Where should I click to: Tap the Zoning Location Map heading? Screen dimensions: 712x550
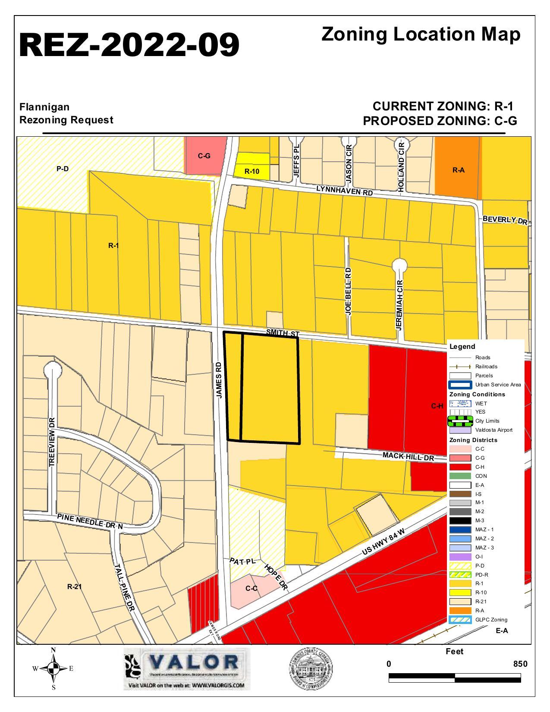[421, 35]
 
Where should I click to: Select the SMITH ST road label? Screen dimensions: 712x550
[283, 333]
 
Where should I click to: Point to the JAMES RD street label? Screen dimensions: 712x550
[219, 380]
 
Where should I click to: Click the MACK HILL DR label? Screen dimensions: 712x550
[408, 456]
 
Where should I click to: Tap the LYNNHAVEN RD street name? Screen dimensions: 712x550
[344, 190]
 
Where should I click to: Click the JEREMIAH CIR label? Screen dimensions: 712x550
[399, 305]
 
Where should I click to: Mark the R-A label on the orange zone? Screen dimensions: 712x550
[458, 170]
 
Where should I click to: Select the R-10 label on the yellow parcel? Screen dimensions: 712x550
[252, 171]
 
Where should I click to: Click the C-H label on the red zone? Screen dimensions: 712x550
[437, 406]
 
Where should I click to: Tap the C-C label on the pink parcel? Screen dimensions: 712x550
[251, 588]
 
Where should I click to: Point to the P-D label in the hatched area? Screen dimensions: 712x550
[63, 169]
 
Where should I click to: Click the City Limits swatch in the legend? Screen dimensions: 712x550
[460, 420]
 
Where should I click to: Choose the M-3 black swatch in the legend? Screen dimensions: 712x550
[460, 521]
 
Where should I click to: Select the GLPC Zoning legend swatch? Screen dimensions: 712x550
[460, 620]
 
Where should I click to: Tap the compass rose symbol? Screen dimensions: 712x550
[53, 669]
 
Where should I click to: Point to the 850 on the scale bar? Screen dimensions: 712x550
[520, 664]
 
